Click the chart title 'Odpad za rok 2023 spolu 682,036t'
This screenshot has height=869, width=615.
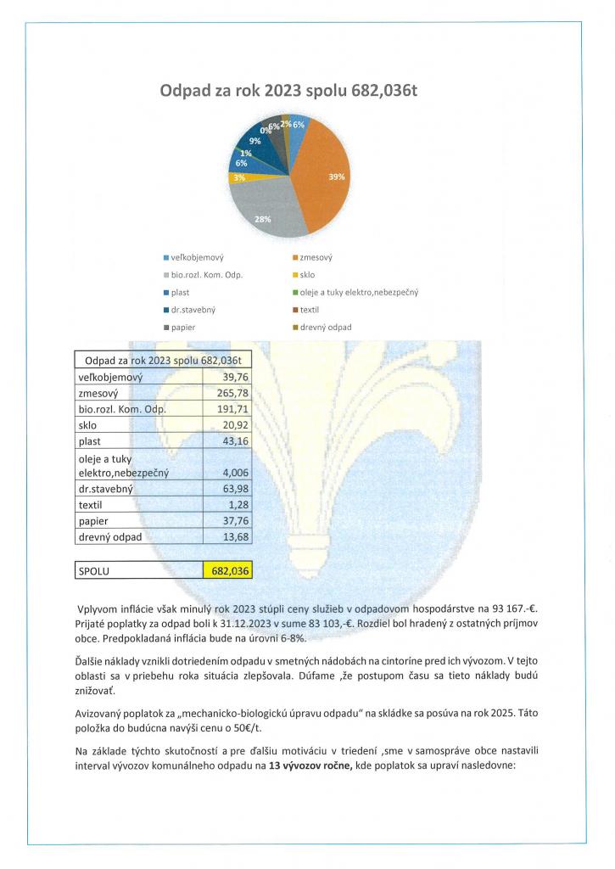click(289, 91)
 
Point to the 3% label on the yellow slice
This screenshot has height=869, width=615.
click(239, 177)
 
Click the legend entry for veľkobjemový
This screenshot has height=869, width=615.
click(196, 256)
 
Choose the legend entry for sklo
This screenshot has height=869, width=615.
click(308, 274)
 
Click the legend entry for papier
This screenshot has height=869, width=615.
click(185, 327)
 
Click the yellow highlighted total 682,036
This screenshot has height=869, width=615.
click(227, 571)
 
